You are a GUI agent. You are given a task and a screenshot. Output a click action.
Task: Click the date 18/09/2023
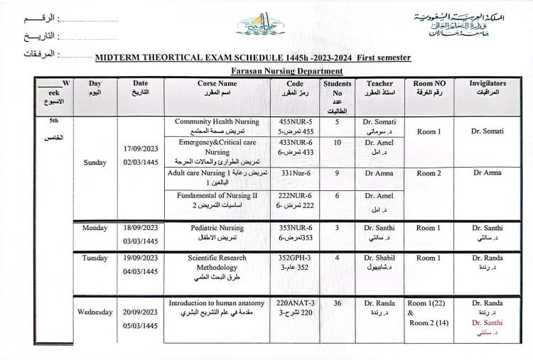pyautogui.click(x=140, y=229)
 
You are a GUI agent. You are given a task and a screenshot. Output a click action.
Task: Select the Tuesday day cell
pyautogui.click(x=95, y=258)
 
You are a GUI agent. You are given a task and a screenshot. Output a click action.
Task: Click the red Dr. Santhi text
pyautogui.click(x=488, y=322)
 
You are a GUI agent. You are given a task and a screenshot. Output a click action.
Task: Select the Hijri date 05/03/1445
pyautogui.click(x=140, y=326)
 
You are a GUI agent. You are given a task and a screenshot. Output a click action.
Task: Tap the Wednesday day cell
pyautogui.click(x=95, y=312)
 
